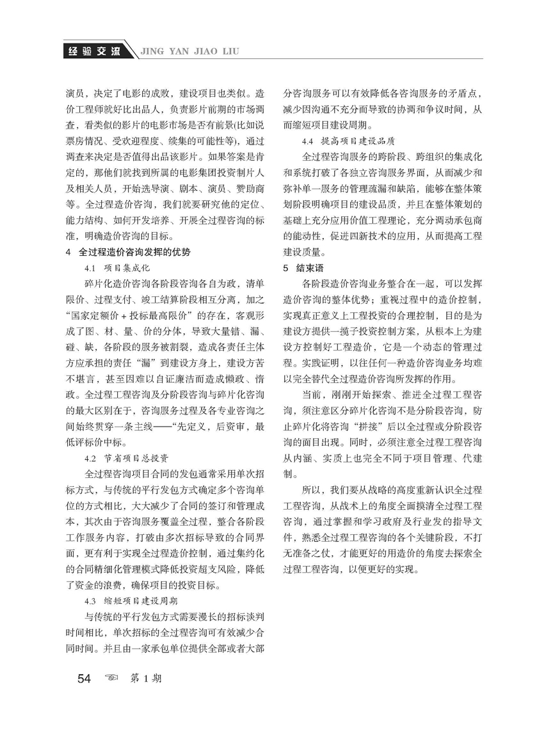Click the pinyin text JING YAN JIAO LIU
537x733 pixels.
pyautogui.click(x=189, y=51)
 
